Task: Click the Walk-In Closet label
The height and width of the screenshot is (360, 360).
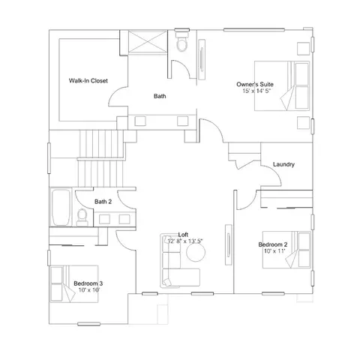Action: tap(88, 81)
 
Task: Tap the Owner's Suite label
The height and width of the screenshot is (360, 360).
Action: tap(255, 84)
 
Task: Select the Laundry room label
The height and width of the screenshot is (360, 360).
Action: tap(283, 164)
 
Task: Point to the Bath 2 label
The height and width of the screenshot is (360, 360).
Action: tap(103, 202)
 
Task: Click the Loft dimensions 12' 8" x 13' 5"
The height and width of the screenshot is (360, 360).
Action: tap(185, 241)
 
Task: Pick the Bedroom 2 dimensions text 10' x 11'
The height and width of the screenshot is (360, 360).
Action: tap(274, 250)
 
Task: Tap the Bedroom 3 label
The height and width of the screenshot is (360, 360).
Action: tap(88, 283)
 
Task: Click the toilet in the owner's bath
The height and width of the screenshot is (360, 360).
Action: tap(182, 40)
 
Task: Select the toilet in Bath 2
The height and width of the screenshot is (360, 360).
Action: tap(82, 217)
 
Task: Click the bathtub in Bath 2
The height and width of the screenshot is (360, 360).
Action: tap(61, 208)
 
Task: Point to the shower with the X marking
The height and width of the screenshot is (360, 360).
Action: tap(148, 41)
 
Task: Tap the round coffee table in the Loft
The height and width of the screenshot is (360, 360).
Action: tap(196, 252)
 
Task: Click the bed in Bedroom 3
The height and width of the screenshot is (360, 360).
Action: tap(74, 284)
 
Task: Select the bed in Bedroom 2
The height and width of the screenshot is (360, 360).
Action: tap(286, 250)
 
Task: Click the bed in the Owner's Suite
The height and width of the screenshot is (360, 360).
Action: tap(282, 85)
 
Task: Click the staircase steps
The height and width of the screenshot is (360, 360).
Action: tap(100, 158)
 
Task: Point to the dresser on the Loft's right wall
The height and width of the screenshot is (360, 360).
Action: tap(228, 244)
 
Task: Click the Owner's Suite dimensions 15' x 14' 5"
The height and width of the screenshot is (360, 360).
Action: tap(256, 91)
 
